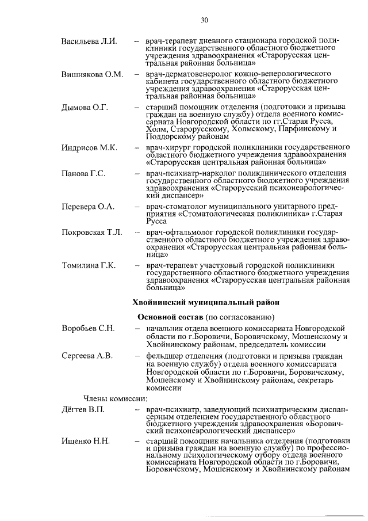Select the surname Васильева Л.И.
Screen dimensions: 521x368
89,42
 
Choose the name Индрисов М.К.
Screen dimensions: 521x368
89,148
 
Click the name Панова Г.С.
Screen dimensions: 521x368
83,173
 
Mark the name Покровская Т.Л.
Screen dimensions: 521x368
92,232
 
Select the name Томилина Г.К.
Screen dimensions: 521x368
89,265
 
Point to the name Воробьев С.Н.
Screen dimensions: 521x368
89,328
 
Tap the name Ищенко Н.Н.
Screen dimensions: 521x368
85,442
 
